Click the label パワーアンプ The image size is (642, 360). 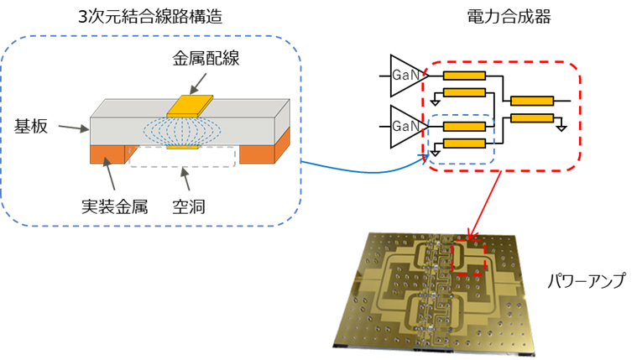point(585,282)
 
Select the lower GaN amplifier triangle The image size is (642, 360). point(405,127)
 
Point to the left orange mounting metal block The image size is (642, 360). point(108,152)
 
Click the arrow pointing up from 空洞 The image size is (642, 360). point(189,180)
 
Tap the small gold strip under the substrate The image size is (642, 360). point(183,147)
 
